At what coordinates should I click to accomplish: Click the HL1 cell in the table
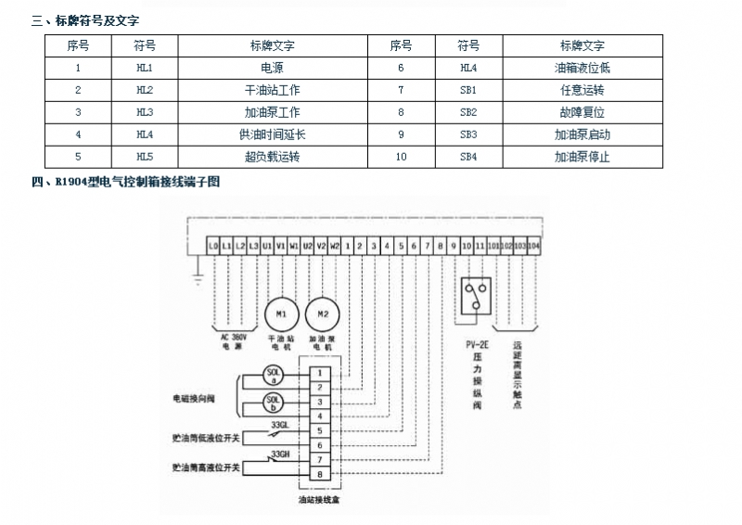pos(144,68)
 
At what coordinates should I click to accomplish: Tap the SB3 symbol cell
pos(468,134)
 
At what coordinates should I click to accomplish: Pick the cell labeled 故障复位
pos(582,112)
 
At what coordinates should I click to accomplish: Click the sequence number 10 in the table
pos(401,157)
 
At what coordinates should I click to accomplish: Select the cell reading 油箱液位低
pos(582,68)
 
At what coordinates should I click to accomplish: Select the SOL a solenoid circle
pos(274,375)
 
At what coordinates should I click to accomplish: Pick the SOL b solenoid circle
pos(274,403)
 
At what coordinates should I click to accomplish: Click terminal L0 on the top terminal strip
pos(214,246)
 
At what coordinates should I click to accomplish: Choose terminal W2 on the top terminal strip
pos(335,246)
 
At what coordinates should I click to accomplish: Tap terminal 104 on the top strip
pos(533,246)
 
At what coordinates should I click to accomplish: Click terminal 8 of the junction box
pos(320,474)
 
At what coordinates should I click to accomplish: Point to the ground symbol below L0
pos(197,275)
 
